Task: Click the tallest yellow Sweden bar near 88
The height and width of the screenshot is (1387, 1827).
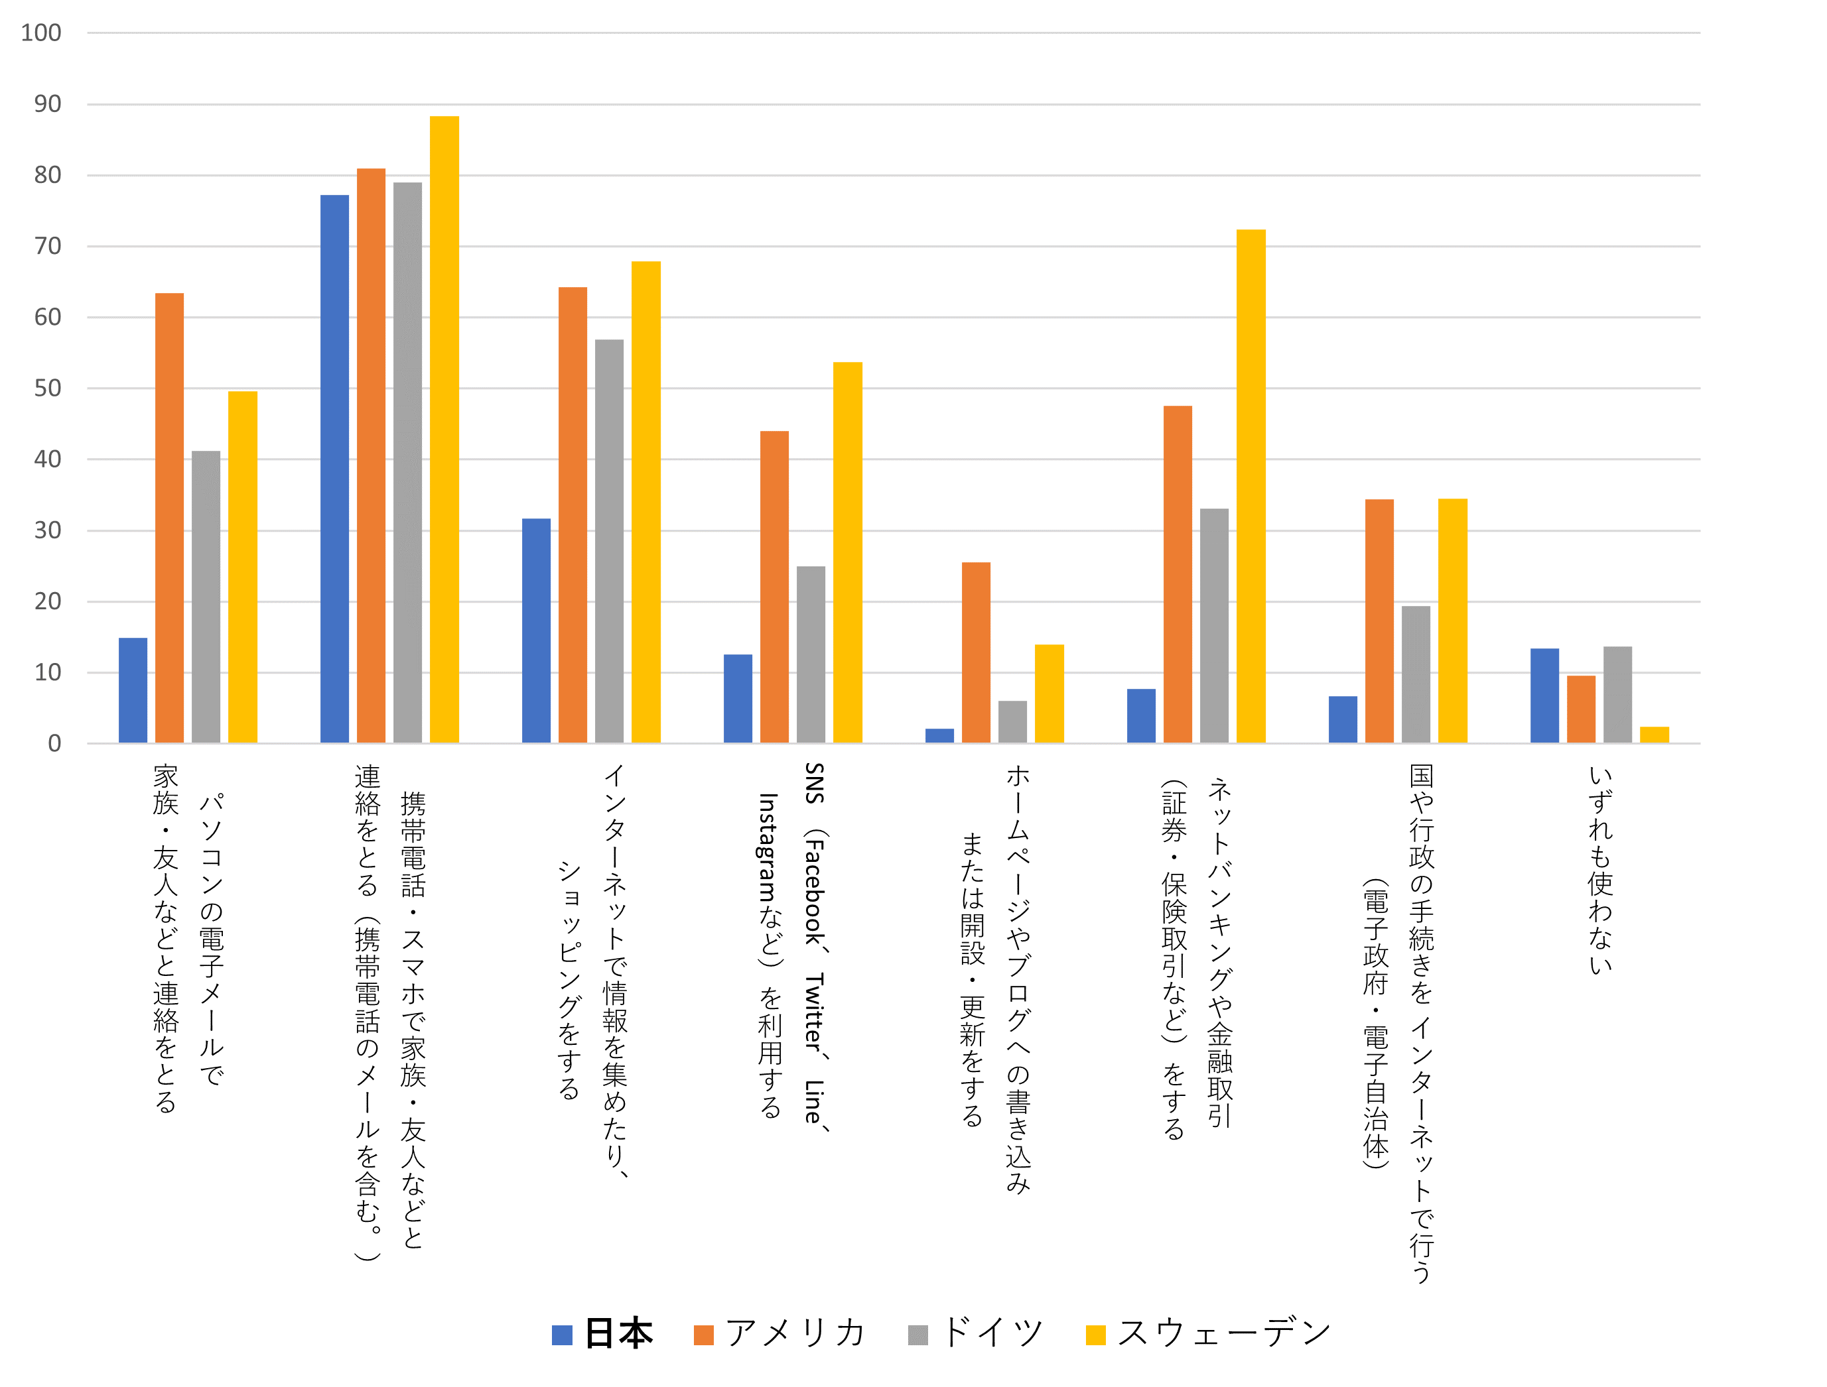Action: [444, 430]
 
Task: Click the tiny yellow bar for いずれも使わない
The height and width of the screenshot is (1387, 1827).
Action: [1655, 735]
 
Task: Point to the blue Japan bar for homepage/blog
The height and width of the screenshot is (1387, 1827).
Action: [939, 736]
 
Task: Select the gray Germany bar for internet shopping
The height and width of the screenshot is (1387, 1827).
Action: [609, 541]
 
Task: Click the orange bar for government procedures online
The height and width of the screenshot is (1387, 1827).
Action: [1379, 621]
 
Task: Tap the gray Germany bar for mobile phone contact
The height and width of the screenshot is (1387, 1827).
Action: [407, 462]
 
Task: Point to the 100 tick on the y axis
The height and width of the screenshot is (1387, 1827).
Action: [41, 33]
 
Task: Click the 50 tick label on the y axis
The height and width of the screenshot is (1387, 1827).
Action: [48, 388]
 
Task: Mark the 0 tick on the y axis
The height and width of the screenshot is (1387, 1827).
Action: [54, 744]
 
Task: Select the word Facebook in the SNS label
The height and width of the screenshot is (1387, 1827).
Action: [815, 892]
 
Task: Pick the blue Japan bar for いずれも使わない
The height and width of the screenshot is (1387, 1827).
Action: [1544, 696]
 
